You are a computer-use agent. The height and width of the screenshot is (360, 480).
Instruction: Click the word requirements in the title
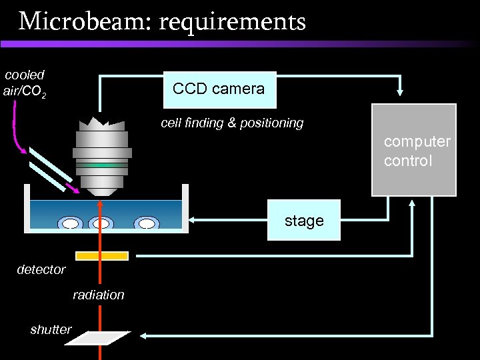(232, 23)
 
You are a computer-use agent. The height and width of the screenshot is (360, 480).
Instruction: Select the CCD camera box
(219, 89)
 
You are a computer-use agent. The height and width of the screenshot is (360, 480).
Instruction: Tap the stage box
(303, 220)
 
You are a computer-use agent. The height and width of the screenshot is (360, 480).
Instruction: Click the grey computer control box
(413, 150)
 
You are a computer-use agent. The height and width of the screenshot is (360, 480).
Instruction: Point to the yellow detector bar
(101, 255)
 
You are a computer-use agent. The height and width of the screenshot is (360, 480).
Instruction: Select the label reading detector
(41, 269)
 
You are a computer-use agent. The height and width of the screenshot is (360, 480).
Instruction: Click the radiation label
(99, 295)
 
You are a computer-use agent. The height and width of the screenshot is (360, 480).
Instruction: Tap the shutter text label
(51, 329)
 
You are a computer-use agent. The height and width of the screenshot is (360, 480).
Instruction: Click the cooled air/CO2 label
(24, 83)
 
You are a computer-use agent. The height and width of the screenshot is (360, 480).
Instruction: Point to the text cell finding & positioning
(232, 123)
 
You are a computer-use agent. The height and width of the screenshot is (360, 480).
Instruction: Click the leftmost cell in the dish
(69, 224)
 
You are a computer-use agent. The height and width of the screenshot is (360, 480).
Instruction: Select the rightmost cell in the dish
(146, 224)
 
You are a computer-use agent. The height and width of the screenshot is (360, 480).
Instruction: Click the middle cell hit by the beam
(101, 224)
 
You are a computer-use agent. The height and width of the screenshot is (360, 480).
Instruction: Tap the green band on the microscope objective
(101, 165)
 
